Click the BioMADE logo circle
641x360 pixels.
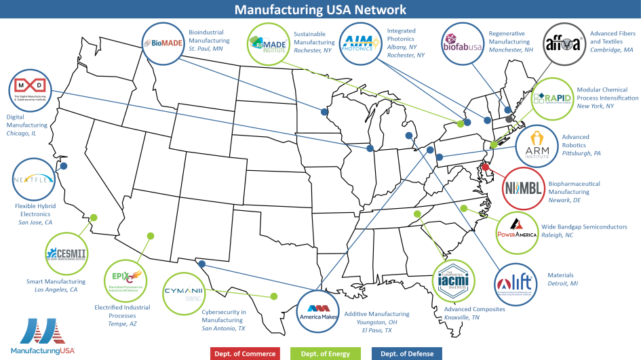[163, 44]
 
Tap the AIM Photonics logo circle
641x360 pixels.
[360, 44]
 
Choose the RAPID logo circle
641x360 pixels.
[551, 98]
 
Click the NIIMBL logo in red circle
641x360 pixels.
[524, 187]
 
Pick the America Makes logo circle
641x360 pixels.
[318, 312]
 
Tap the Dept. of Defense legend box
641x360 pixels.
[406, 353]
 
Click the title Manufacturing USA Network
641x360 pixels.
[320, 9]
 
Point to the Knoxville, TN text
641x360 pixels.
[461, 317]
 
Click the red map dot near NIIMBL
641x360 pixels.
[486, 167]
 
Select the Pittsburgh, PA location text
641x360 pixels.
[581, 154]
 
